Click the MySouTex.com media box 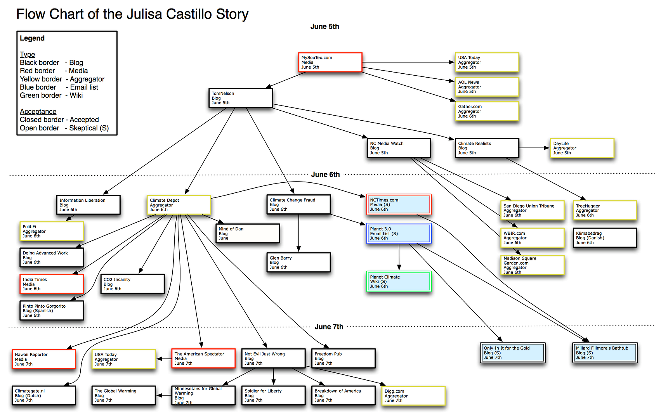tap(330, 62)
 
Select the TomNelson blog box tap(240, 98)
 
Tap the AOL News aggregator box tap(487, 87)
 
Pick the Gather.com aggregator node tap(487, 111)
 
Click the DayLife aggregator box tap(582, 148)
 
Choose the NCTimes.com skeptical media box tap(399, 204)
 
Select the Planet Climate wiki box tap(399, 281)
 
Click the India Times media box tap(52, 284)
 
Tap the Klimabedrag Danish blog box tap(605, 238)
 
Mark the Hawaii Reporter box tap(43, 359)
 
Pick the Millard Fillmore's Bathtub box tap(605, 353)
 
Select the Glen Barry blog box tap(298, 263)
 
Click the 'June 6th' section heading tap(325, 175)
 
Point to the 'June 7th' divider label tap(329, 327)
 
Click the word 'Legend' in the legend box tap(32, 38)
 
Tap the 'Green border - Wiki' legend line tap(51, 95)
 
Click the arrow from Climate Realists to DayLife tap(534, 148)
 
